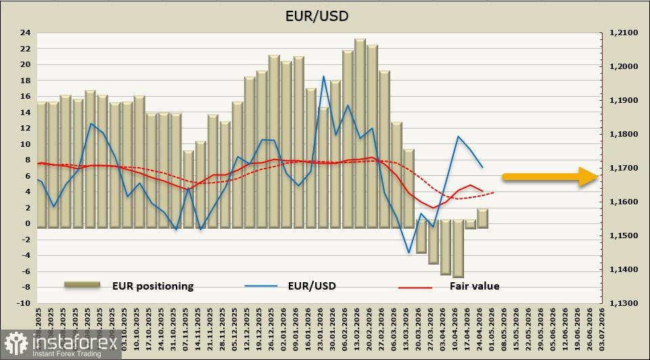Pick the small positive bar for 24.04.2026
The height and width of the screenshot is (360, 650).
(482, 218)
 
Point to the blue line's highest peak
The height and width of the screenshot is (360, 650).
(323, 76)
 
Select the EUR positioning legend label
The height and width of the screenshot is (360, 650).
(153, 286)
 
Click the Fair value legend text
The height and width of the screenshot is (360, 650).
(474, 286)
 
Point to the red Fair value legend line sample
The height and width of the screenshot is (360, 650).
(414, 287)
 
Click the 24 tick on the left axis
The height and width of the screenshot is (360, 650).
(25, 32)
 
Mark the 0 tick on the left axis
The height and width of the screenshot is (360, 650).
(28, 223)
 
